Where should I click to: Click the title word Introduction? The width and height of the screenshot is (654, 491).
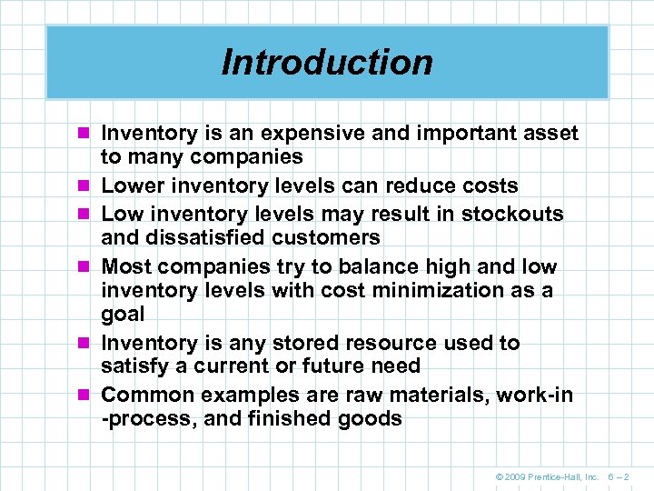pyautogui.click(x=327, y=63)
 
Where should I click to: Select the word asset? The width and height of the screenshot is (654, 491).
pyautogui.click(x=550, y=134)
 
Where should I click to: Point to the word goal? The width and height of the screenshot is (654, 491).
pyautogui.click(x=123, y=315)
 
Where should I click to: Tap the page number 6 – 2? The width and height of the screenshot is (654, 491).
pyautogui.click(x=618, y=475)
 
